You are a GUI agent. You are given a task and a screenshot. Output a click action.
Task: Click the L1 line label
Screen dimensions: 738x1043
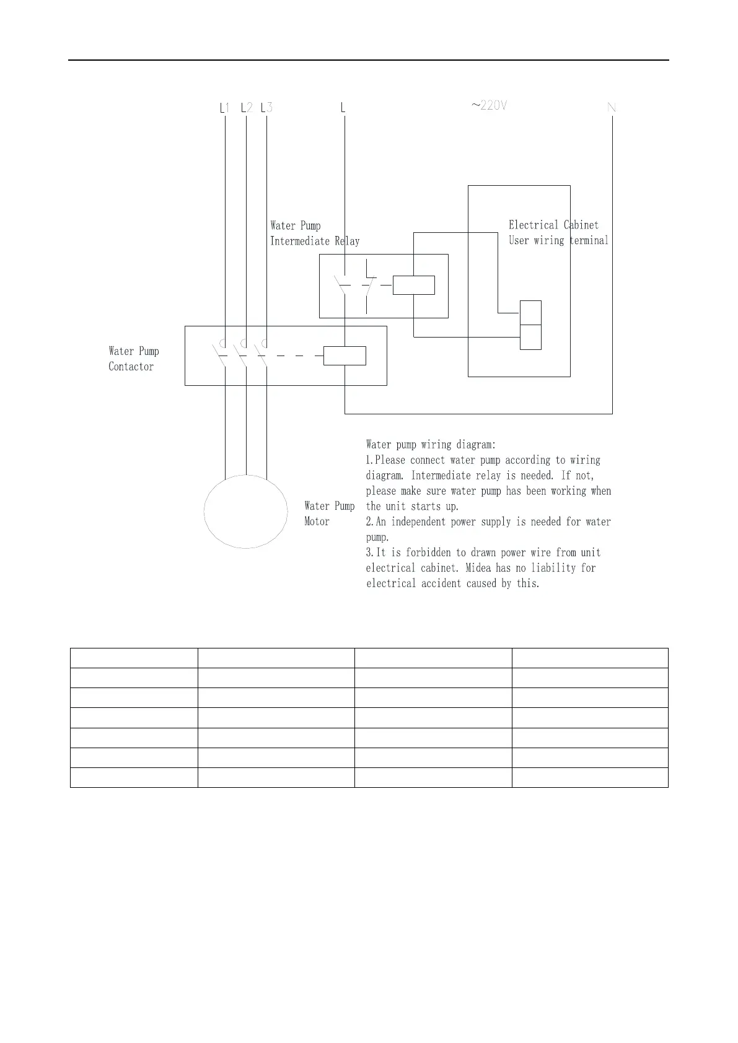(224, 108)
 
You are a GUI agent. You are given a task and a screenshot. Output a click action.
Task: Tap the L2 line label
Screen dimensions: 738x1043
(246, 108)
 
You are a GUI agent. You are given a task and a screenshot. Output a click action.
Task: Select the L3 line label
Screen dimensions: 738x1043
(266, 108)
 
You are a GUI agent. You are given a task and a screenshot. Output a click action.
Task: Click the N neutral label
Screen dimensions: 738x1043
(612, 108)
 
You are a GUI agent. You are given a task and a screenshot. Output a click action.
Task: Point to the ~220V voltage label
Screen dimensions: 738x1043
(489, 106)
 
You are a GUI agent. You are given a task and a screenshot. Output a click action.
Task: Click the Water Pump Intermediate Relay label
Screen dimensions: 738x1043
(315, 233)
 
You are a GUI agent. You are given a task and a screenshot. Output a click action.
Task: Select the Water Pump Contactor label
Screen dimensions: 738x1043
(134, 359)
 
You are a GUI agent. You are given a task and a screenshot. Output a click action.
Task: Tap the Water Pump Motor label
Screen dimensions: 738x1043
(329, 513)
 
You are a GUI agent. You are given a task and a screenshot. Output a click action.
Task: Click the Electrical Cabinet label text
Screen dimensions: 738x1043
(553, 225)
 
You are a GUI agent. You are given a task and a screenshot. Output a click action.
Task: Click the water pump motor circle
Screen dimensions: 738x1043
(246, 512)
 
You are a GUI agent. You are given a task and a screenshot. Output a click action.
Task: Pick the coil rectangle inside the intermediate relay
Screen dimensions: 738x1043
(414, 285)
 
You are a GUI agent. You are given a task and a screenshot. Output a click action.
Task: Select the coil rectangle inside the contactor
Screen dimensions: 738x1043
(345, 356)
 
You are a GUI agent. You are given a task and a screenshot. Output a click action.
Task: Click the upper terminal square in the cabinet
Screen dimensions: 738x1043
(530, 312)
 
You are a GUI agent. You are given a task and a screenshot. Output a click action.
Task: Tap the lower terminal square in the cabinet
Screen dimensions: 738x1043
(530, 337)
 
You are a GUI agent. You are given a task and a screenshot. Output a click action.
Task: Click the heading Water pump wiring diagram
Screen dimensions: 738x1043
(431, 444)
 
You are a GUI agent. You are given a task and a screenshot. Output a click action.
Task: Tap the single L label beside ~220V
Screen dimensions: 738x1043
(343, 108)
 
